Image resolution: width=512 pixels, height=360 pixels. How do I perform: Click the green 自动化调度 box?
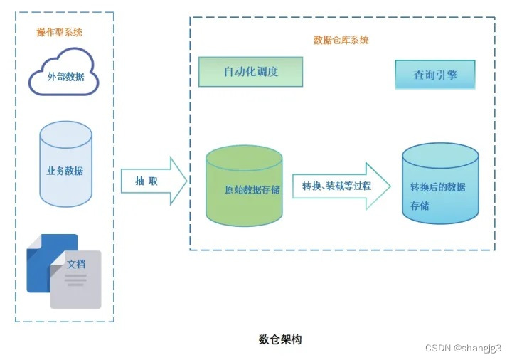pyautogui.click(x=250, y=72)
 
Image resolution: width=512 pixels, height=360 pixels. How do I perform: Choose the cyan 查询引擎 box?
pyautogui.click(x=434, y=74)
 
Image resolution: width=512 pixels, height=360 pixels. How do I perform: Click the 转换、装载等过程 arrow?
pyautogui.click(x=341, y=186)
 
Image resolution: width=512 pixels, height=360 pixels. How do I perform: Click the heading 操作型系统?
pyautogui.click(x=59, y=32)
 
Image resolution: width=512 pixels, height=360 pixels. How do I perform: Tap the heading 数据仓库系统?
pyautogui.click(x=341, y=40)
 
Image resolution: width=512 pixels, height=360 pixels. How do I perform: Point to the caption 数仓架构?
pyautogui.click(x=280, y=339)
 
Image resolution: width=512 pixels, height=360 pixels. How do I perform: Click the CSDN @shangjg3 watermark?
pyautogui.click(x=463, y=346)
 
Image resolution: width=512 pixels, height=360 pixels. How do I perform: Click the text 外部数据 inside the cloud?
pyautogui.click(x=66, y=76)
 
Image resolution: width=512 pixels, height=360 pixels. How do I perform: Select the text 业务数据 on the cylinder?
pyautogui.click(x=65, y=171)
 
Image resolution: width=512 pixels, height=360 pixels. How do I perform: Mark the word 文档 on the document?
pyautogui.click(x=76, y=264)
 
